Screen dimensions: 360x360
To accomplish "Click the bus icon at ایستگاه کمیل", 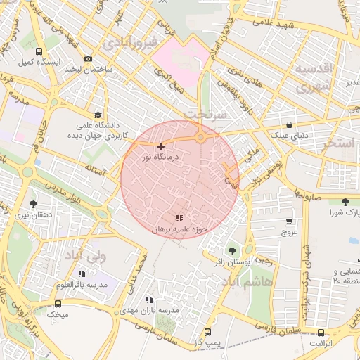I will (x=38, y=51).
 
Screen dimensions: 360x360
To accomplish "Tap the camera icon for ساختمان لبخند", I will (x=88, y=59).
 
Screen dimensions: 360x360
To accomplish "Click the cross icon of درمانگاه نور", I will (x=161, y=146).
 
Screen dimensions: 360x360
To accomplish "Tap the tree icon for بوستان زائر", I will (x=231, y=250).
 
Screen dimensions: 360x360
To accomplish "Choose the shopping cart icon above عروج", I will (x=289, y=221).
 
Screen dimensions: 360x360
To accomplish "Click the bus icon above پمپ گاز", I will (x=207, y=331).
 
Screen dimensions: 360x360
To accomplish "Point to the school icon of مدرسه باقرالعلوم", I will (x=82, y=273).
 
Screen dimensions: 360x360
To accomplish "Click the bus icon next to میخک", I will (x=58, y=304).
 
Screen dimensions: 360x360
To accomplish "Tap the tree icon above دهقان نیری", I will (x=33, y=204).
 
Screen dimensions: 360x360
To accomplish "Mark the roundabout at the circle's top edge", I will (x=201, y=137).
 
